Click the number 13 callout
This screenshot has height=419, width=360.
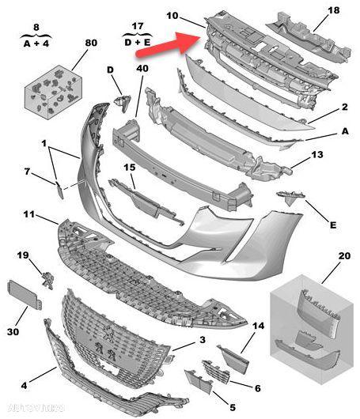pos(316,157)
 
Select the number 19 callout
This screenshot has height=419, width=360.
pos(23,255)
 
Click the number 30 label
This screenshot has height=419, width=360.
pos(14,332)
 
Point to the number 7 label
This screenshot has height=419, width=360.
pos(27,172)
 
